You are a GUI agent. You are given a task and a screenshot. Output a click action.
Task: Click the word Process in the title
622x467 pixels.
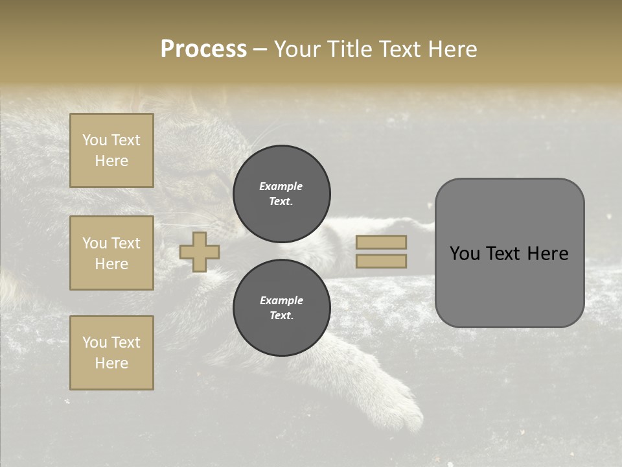click(203, 49)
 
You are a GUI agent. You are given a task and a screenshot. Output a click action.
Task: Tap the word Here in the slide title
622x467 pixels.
click(452, 49)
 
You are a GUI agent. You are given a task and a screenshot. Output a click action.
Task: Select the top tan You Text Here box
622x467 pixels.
click(111, 150)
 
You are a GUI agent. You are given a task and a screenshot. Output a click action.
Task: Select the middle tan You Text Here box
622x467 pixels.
click(111, 253)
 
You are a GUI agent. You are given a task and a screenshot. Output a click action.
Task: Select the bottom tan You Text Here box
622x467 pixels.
click(111, 353)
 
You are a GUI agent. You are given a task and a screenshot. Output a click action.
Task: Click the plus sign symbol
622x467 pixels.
click(200, 252)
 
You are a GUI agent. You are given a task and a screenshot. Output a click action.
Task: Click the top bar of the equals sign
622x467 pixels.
click(381, 242)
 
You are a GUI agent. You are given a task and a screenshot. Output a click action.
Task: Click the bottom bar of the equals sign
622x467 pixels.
click(381, 261)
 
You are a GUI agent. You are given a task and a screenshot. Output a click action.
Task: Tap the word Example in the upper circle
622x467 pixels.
click(281, 186)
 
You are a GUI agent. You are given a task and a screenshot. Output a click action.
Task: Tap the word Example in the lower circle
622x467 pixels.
click(281, 300)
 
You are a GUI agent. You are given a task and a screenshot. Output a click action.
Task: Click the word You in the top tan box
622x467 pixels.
click(95, 140)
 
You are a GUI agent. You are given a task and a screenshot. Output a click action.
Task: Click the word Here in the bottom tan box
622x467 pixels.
click(111, 363)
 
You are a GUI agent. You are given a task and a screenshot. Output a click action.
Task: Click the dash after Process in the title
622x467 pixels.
click(260, 49)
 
